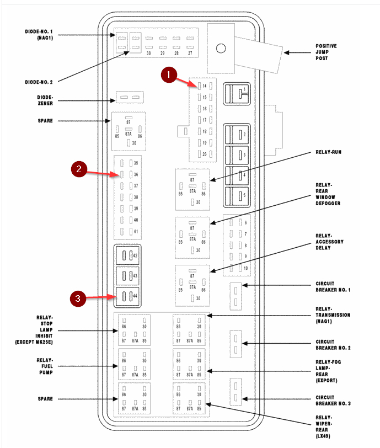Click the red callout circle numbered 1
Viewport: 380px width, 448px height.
pos(169,74)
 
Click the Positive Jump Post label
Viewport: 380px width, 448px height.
pos(326,52)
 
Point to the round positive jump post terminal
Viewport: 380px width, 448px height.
pos(221,48)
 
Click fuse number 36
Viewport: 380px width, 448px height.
pos(130,174)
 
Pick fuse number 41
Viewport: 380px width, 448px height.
pos(130,232)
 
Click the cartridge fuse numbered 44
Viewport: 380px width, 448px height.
pos(127,296)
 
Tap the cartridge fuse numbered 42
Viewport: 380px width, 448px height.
pos(127,256)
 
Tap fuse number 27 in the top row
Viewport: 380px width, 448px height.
pos(190,46)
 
